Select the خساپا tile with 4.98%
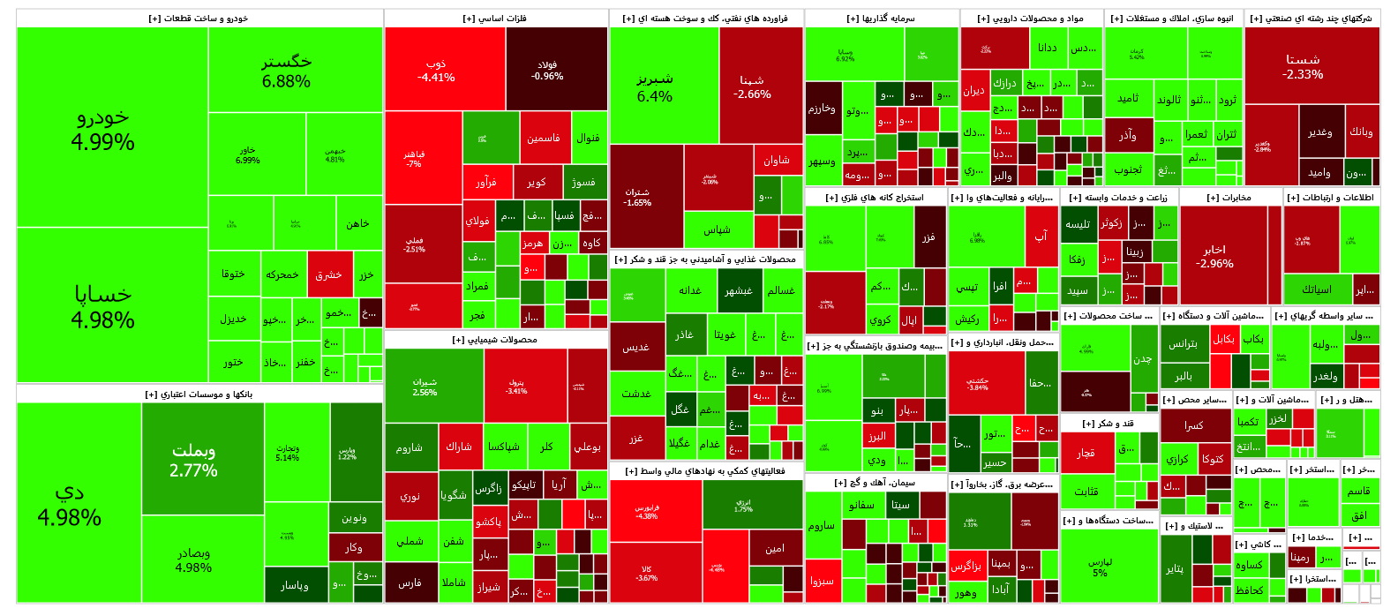104,305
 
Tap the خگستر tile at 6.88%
286,71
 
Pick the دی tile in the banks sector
70,504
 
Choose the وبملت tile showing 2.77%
194,460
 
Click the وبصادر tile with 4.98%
194,560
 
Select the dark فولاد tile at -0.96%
547,71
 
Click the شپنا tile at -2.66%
752,86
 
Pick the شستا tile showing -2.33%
1303,66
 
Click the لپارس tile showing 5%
1100,567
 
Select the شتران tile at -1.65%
637,197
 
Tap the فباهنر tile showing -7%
414,159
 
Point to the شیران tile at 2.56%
425,387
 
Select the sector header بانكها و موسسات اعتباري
199,394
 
